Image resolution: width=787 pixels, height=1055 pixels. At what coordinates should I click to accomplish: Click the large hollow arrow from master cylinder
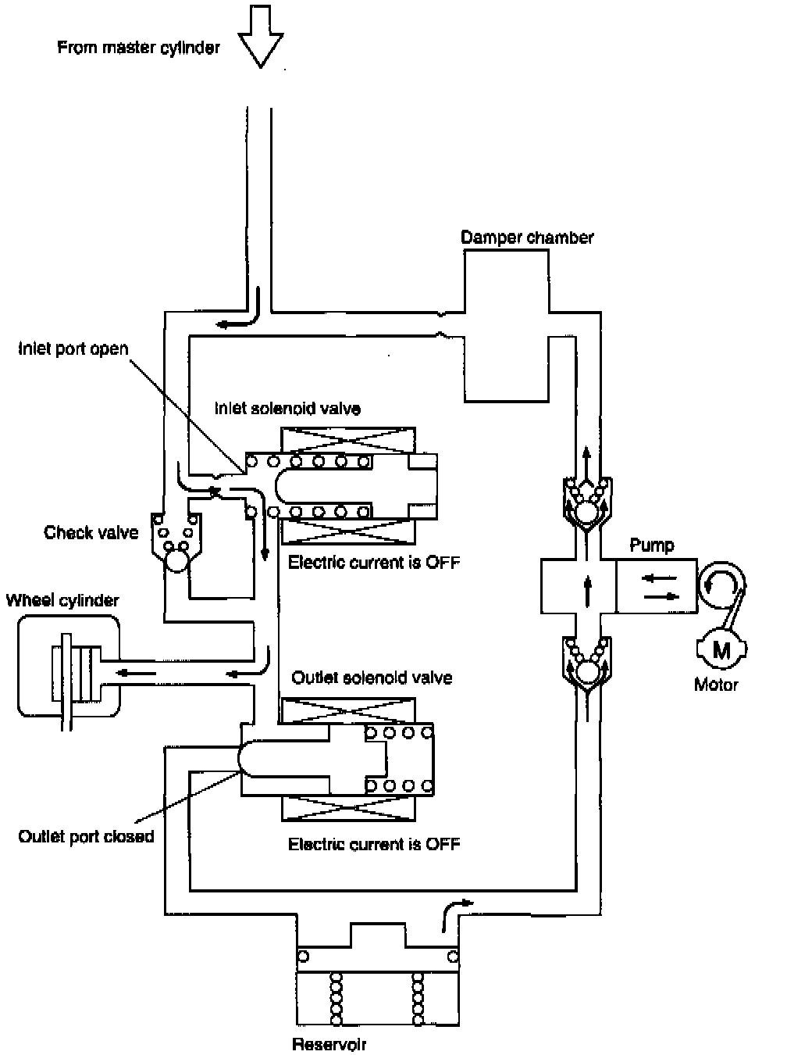click(260, 36)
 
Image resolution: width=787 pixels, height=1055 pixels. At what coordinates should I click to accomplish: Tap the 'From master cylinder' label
click(138, 48)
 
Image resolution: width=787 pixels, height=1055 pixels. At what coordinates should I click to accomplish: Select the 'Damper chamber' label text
click(527, 238)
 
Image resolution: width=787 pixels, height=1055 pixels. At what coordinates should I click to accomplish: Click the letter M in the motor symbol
click(721, 649)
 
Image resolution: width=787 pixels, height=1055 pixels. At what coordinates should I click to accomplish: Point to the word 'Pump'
click(652, 545)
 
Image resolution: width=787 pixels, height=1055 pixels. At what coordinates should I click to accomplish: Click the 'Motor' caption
click(716, 685)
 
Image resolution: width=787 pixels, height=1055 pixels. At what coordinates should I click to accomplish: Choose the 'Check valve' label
click(91, 533)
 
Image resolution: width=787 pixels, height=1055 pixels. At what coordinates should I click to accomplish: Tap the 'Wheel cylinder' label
click(62, 600)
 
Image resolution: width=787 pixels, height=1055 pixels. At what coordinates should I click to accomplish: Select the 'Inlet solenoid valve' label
click(287, 408)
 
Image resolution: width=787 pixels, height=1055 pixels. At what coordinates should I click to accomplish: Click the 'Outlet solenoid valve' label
click(372, 678)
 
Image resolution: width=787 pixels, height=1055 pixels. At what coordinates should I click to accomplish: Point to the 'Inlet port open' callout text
click(73, 349)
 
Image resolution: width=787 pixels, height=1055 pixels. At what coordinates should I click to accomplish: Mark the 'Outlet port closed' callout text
click(86, 836)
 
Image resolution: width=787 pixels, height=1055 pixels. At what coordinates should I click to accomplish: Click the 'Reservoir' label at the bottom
click(329, 1044)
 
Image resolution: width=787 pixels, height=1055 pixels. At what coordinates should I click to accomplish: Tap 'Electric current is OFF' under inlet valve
click(374, 562)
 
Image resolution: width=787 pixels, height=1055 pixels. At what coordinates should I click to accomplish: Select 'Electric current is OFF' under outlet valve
click(374, 844)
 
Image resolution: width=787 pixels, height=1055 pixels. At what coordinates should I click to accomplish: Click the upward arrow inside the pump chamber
click(587, 586)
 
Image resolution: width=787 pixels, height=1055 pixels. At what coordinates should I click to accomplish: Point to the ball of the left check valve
click(177, 560)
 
